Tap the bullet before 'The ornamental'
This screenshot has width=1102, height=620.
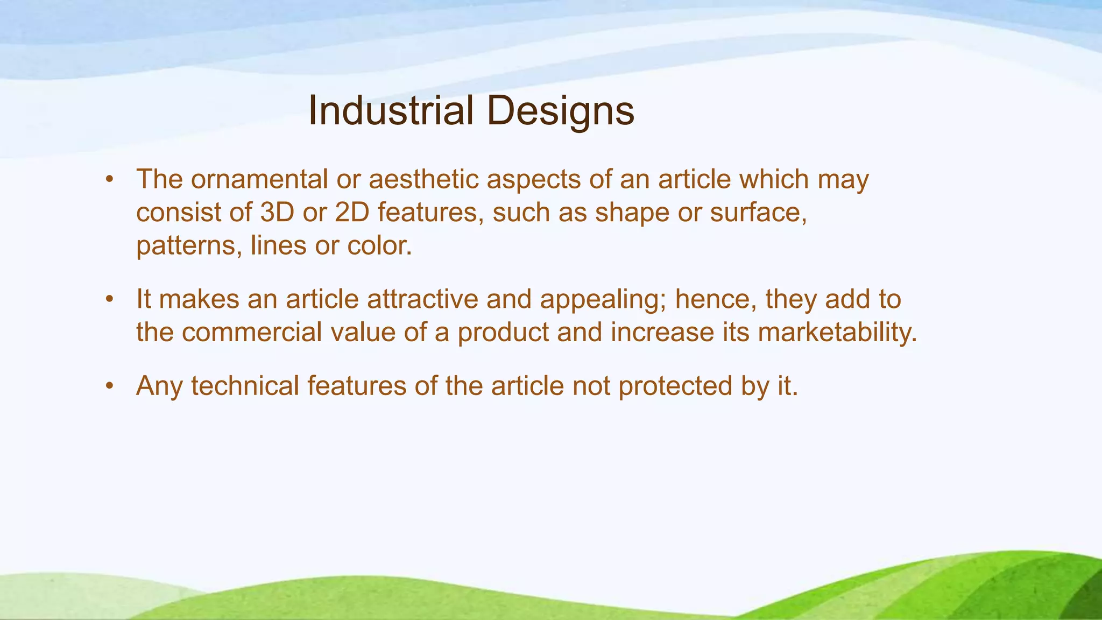pyautogui.click(x=110, y=180)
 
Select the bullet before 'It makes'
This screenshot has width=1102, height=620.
pyautogui.click(x=110, y=299)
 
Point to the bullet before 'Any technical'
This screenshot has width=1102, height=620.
pyautogui.click(x=110, y=386)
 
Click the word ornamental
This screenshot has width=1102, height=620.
pyautogui.click(x=259, y=179)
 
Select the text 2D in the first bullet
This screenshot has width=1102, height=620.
pyautogui.click(x=352, y=213)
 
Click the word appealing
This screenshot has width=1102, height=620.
pyautogui.click(x=603, y=300)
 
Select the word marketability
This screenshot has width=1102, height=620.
pyautogui.click(x=837, y=333)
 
